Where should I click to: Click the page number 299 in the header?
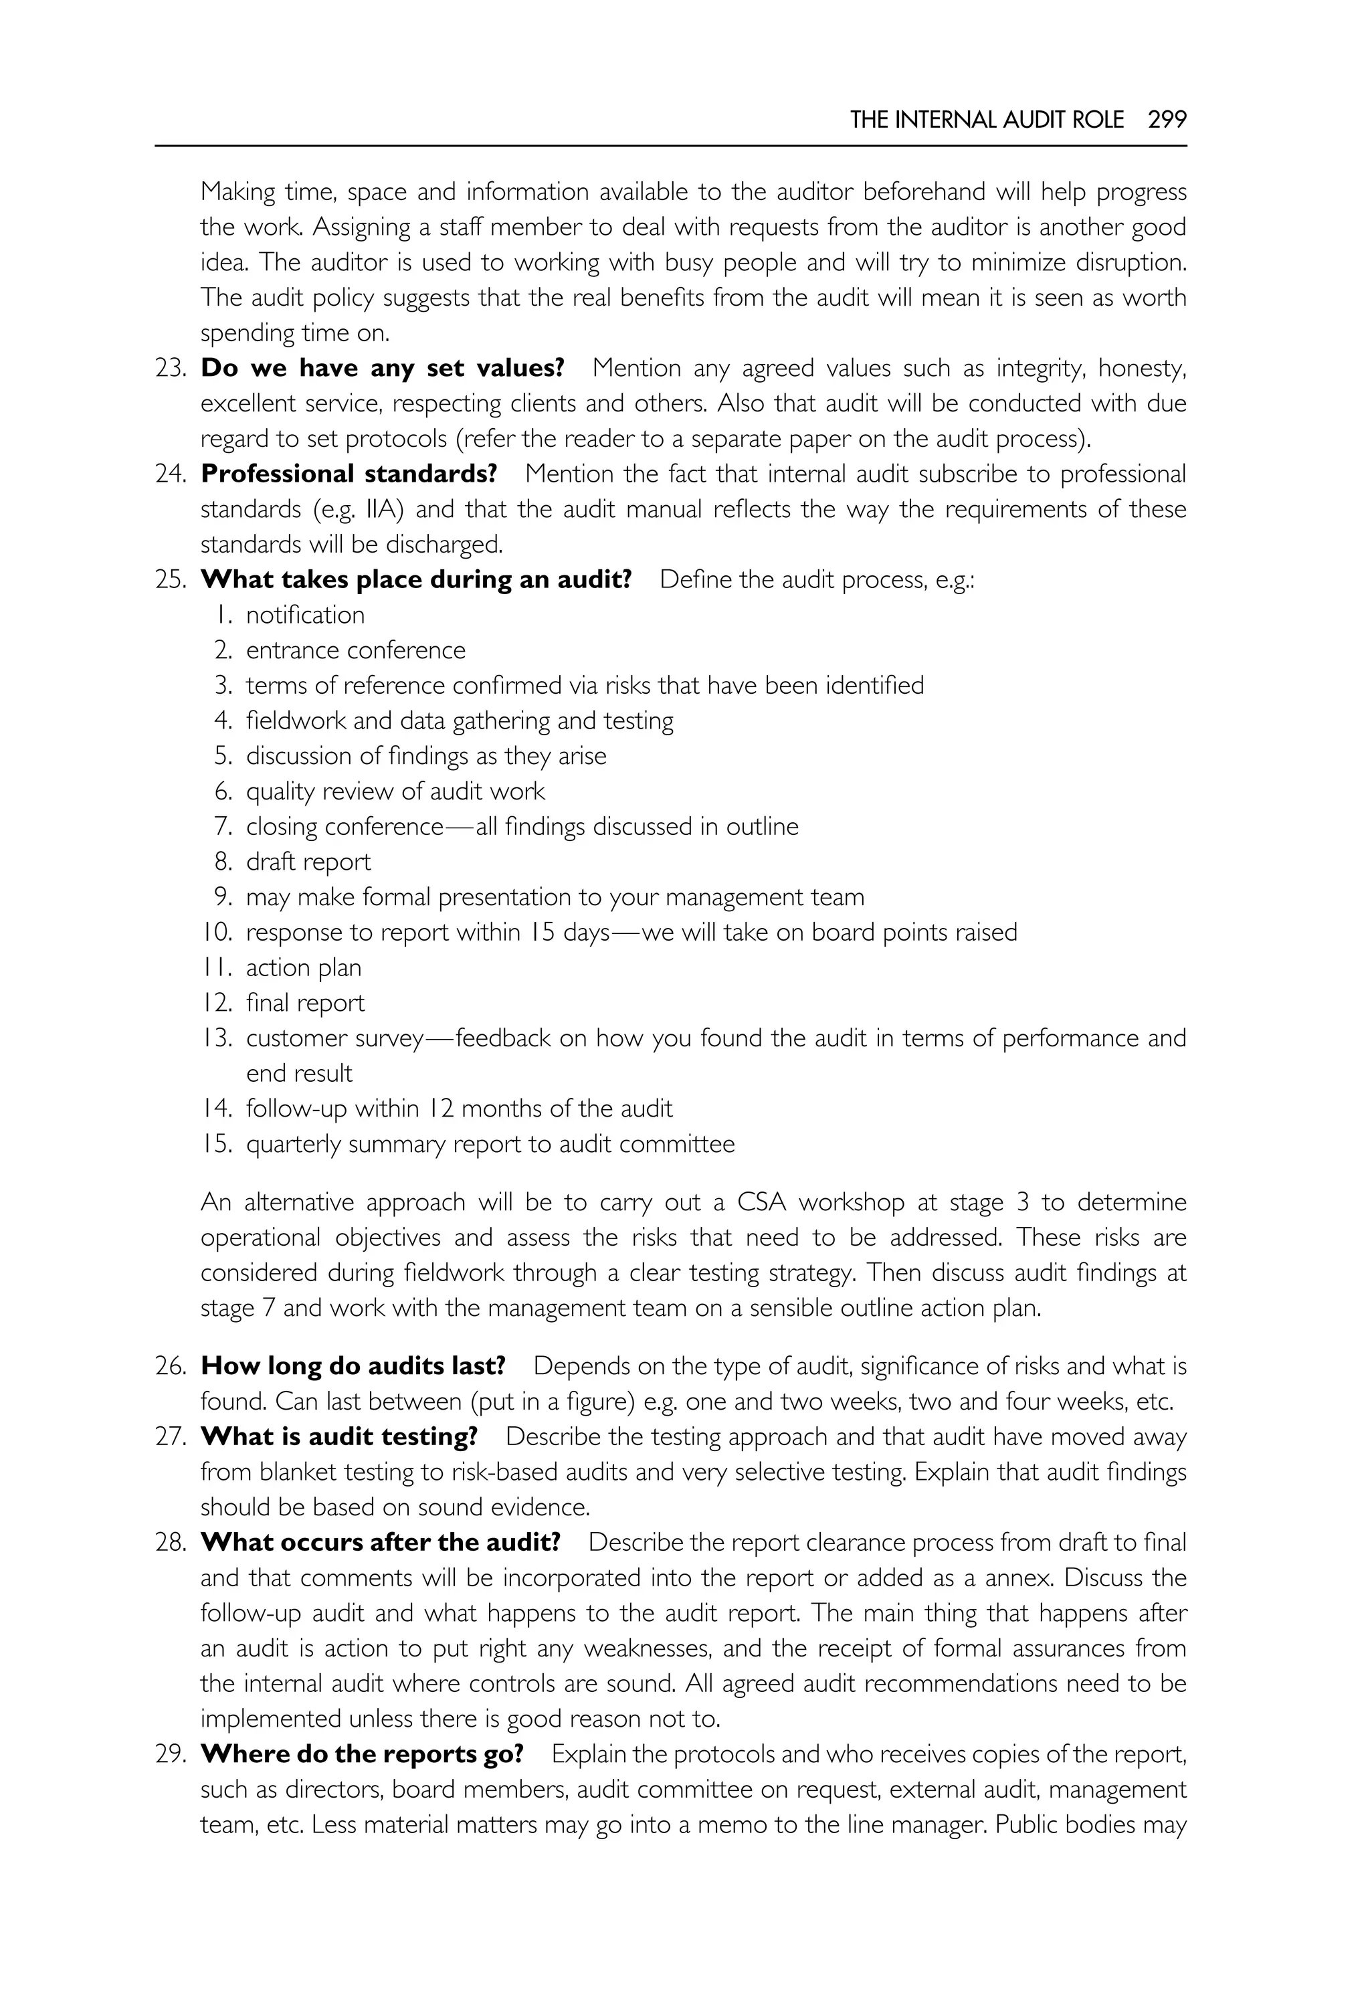pos(1167,119)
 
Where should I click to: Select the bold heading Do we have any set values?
pos(382,367)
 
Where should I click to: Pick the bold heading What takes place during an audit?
pos(415,579)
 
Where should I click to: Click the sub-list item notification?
pos(305,615)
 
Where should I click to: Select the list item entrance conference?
pos(355,650)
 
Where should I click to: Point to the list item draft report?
pos(308,861)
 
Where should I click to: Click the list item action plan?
pos(303,967)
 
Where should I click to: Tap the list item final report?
pos(305,1002)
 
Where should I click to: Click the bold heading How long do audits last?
pos(353,1365)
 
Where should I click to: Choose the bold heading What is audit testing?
pos(339,1436)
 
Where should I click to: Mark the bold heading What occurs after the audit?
pos(380,1541)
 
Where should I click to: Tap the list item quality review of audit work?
pos(395,791)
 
